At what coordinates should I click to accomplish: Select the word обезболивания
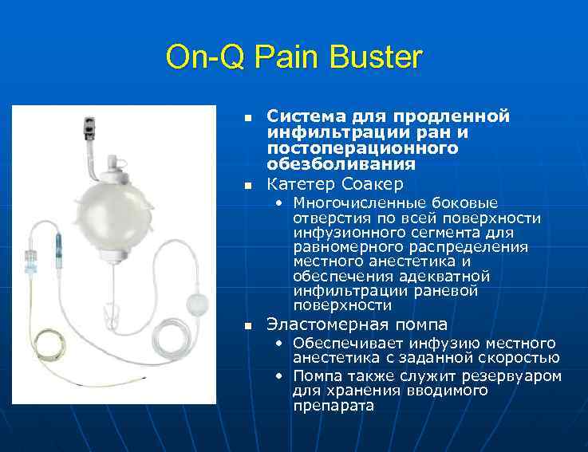341,164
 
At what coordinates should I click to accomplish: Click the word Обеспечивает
344,344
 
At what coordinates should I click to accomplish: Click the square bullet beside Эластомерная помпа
248,325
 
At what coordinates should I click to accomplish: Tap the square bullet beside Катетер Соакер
248,186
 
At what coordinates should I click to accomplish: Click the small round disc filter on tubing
195,305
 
